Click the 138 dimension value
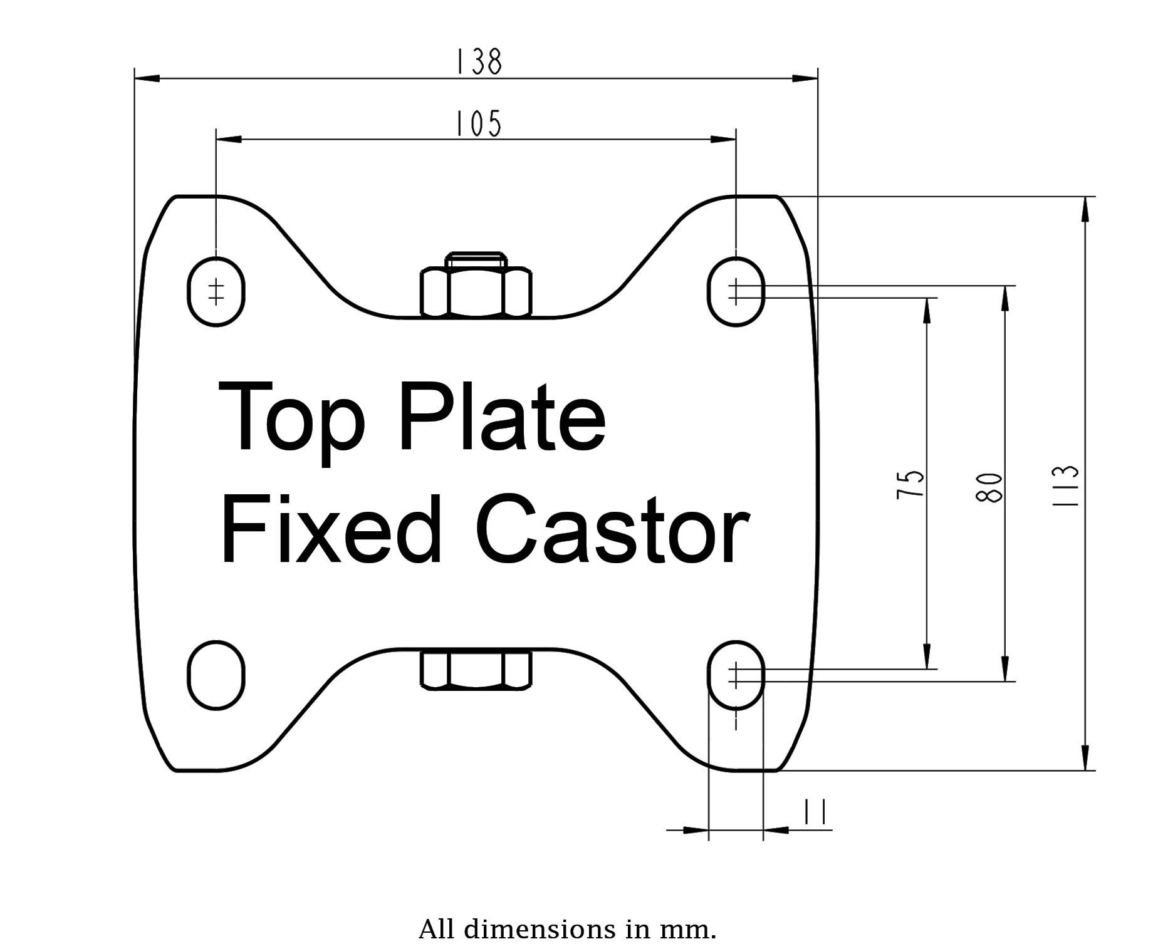click(478, 62)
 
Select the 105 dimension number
click(478, 123)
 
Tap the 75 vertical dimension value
click(911, 484)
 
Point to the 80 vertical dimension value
click(990, 487)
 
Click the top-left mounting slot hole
click(216, 291)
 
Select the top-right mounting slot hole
click(736, 291)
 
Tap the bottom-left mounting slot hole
click(216, 675)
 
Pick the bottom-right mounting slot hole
click(736, 675)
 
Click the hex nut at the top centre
click(476, 290)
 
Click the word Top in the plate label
click(291, 420)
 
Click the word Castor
click(613, 529)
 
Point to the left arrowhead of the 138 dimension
click(148, 78)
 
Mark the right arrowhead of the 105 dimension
click(723, 139)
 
